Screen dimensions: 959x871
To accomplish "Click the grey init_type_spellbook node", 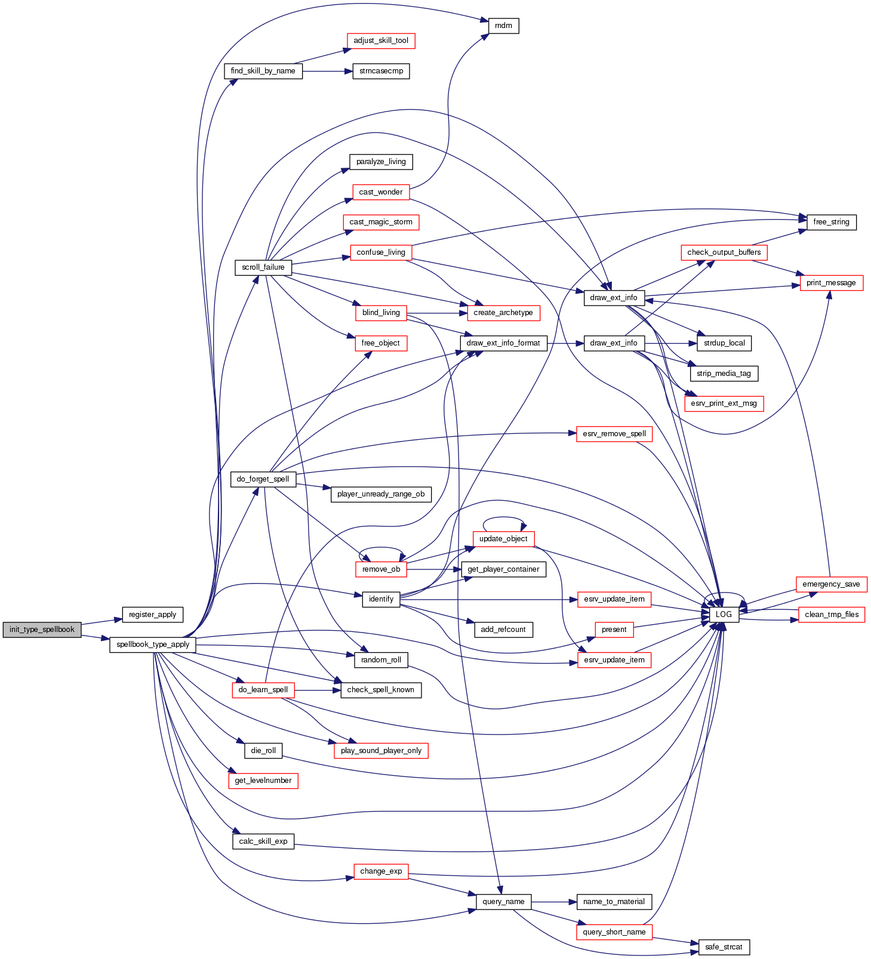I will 42,630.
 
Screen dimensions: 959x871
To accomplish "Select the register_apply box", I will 152,615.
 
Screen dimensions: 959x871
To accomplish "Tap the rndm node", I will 504,26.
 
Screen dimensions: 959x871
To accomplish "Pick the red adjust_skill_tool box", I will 381,41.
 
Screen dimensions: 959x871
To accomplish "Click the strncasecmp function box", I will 381,71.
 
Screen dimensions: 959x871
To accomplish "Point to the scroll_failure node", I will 263,267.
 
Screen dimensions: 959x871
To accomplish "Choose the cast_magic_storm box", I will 381,222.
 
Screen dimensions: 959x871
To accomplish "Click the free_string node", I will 831,222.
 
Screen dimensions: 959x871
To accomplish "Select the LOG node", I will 724,615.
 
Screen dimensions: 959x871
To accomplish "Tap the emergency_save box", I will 831,584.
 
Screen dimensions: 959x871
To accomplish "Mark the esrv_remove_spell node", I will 614,434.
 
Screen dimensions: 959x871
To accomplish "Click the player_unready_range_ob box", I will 381,494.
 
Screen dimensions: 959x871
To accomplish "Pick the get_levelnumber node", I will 263,781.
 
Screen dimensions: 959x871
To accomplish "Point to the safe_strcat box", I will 724,947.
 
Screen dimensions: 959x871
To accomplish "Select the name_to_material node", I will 614,902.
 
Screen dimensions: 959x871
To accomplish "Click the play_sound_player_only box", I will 381,751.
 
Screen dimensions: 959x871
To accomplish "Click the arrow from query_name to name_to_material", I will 554,902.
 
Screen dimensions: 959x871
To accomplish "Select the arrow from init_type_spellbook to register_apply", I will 101,622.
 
